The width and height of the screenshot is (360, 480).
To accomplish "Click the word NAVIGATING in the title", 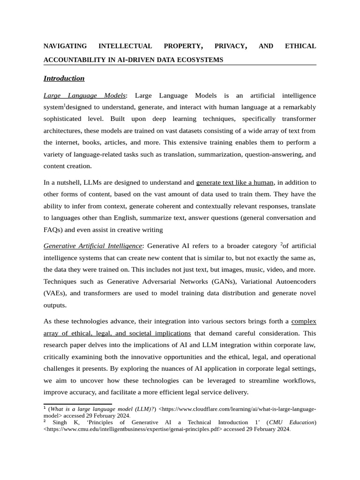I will point(65,46).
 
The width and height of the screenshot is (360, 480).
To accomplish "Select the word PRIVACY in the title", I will point(230,46).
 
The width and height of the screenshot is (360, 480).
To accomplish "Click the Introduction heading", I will point(64,78).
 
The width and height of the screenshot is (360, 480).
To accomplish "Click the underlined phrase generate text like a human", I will point(235,182).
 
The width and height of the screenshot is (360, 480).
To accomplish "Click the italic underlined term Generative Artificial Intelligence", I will point(92,246).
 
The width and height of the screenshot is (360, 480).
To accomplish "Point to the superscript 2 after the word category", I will point(281,244).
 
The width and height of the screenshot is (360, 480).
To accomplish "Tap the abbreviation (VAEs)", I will point(55,293).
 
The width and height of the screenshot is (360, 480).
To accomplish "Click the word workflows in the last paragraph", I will point(298,380).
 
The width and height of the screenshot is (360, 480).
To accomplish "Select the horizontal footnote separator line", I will point(78,404).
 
